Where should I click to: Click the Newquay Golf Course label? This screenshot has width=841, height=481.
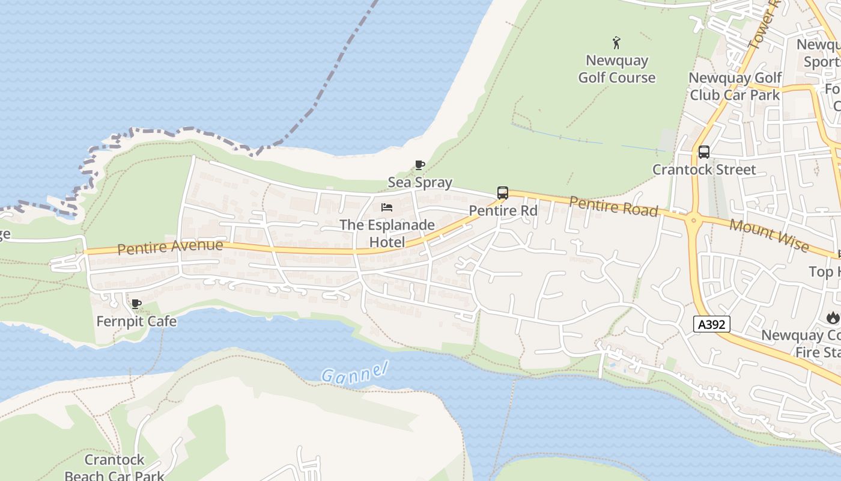[617, 69]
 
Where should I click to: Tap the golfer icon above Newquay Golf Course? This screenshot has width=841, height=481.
[616, 43]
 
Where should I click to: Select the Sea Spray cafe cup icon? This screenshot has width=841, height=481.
[420, 165]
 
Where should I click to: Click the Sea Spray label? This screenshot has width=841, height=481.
[420, 182]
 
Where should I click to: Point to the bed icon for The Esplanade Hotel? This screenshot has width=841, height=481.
[387, 207]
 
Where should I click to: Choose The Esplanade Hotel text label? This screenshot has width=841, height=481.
[387, 233]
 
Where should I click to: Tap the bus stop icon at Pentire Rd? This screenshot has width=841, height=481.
[503, 193]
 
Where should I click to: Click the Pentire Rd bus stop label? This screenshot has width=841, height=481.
[503, 210]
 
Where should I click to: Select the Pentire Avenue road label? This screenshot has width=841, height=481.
[170, 247]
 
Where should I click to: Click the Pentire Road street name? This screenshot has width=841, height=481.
[613, 206]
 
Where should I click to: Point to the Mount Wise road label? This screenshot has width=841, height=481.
[769, 235]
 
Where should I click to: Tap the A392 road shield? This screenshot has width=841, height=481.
[712, 324]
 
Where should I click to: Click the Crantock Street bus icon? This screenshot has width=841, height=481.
[704, 152]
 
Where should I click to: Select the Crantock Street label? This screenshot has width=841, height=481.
[704, 170]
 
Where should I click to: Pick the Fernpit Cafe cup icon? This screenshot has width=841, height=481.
[136, 304]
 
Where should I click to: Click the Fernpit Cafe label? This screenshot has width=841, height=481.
[136, 321]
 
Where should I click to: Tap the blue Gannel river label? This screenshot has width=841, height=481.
[355, 373]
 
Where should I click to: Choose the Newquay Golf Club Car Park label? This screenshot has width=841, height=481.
[735, 86]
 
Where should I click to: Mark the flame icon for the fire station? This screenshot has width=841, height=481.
[833, 317]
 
